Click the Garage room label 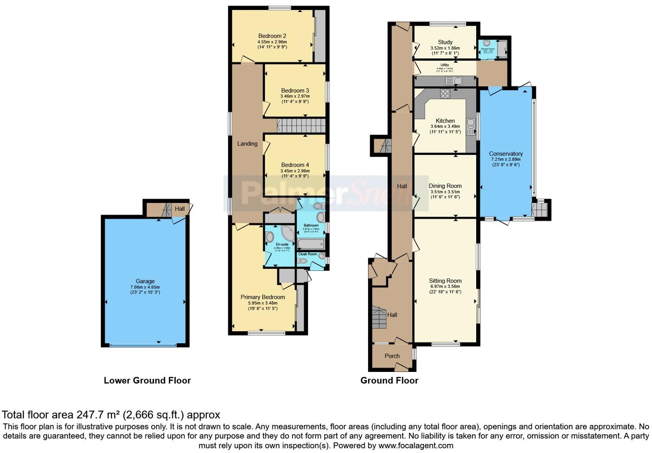click(x=145, y=281)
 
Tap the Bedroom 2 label click(x=272, y=36)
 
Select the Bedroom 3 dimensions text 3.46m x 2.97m click(x=295, y=96)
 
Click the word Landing click(x=248, y=144)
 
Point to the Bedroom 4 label click(x=295, y=165)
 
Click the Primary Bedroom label click(x=263, y=297)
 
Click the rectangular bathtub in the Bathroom click(x=311, y=245)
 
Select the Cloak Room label click(x=308, y=254)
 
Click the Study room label click(x=445, y=42)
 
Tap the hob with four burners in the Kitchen click(x=445, y=93)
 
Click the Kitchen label click(x=445, y=121)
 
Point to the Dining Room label click(x=445, y=186)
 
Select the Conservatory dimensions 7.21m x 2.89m click(x=506, y=159)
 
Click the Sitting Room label click(x=445, y=281)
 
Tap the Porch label click(x=392, y=356)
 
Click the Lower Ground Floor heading click(x=147, y=381)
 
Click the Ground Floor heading click(x=389, y=381)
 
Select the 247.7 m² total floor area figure click(x=98, y=415)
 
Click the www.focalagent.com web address click(x=416, y=446)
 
